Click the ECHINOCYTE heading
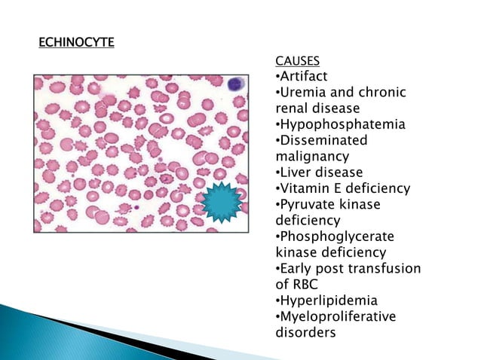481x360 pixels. (76, 41)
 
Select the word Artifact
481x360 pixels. (305, 76)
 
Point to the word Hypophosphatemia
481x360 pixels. (342, 124)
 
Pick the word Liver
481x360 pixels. (296, 172)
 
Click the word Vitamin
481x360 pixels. (304, 188)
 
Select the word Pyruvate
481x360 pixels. (308, 204)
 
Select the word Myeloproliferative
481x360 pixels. (339, 316)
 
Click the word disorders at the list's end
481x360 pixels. (305, 332)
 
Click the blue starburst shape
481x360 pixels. (221, 202)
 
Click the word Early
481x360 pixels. (298, 268)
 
